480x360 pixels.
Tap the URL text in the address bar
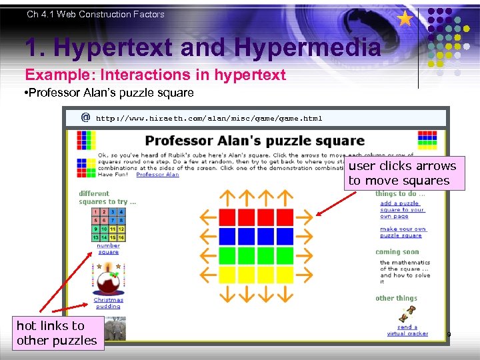[209, 119]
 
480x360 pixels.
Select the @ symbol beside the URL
[85, 118]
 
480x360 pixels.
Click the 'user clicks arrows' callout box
[402, 173]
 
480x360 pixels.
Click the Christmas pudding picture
[108, 281]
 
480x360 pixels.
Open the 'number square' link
[108, 249]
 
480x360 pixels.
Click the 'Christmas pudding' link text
[108, 303]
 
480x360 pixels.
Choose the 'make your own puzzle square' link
[403, 232]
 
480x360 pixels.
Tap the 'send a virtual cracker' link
[407, 330]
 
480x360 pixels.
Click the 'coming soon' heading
[397, 252]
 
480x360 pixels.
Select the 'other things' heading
[396, 298]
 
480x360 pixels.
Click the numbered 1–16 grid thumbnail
[108, 224]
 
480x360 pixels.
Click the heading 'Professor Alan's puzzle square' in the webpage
[255, 141]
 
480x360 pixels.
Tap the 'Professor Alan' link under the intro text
[157, 175]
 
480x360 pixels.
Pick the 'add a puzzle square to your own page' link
[402, 210]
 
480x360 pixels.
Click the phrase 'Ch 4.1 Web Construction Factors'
[95, 14]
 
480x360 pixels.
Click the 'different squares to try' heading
[107, 198]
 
